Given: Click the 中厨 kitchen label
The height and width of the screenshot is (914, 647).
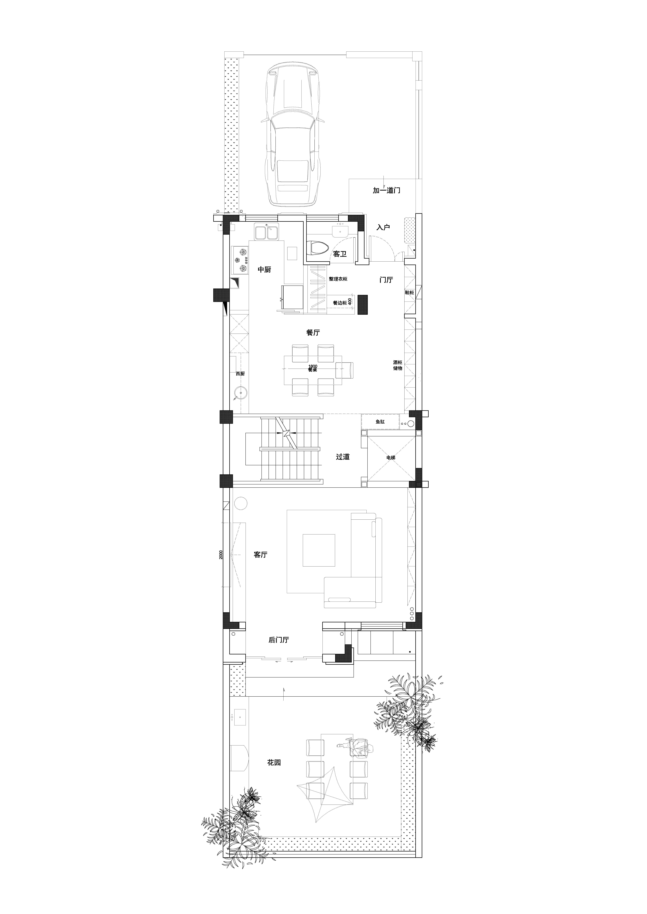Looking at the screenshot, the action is pos(264,269).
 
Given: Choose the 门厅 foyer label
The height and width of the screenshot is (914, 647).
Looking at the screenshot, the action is pos(386,280).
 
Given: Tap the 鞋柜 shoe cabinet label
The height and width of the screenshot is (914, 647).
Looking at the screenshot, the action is pos(410,293).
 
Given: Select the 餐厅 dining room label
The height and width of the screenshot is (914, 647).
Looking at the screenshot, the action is pos(313,332).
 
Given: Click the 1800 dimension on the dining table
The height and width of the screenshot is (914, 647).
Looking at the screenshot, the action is pos(313,366).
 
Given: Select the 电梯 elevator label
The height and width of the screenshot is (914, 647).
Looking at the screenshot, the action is pos(391,458).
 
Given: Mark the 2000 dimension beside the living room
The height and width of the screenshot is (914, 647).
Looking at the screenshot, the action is pos(221,555).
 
